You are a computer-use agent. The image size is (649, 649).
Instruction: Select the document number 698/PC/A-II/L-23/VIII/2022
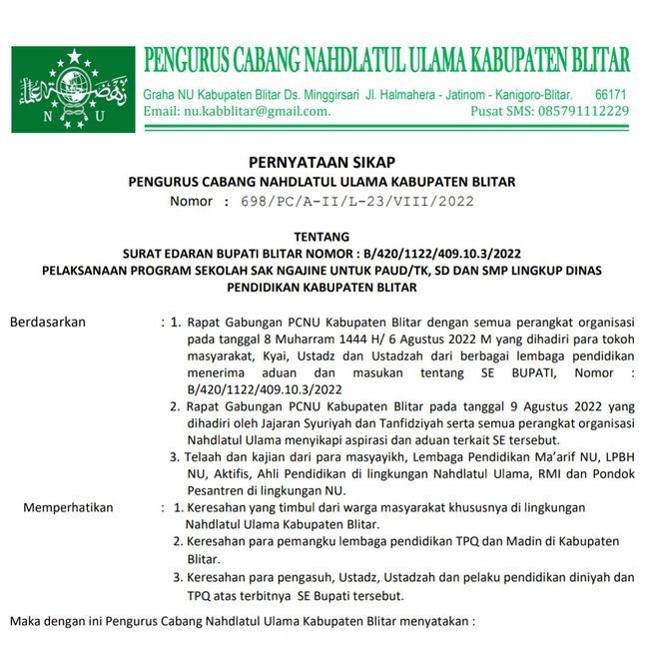pyautogui.click(x=357, y=201)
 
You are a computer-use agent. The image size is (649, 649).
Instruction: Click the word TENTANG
pyautogui.click(x=322, y=236)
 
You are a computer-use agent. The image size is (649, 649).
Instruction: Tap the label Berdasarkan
pyautogui.click(x=48, y=322)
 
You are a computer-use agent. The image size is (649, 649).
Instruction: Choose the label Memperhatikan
pyautogui.click(x=69, y=507)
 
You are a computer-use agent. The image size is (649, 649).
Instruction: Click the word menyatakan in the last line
pyautogui.click(x=437, y=621)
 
